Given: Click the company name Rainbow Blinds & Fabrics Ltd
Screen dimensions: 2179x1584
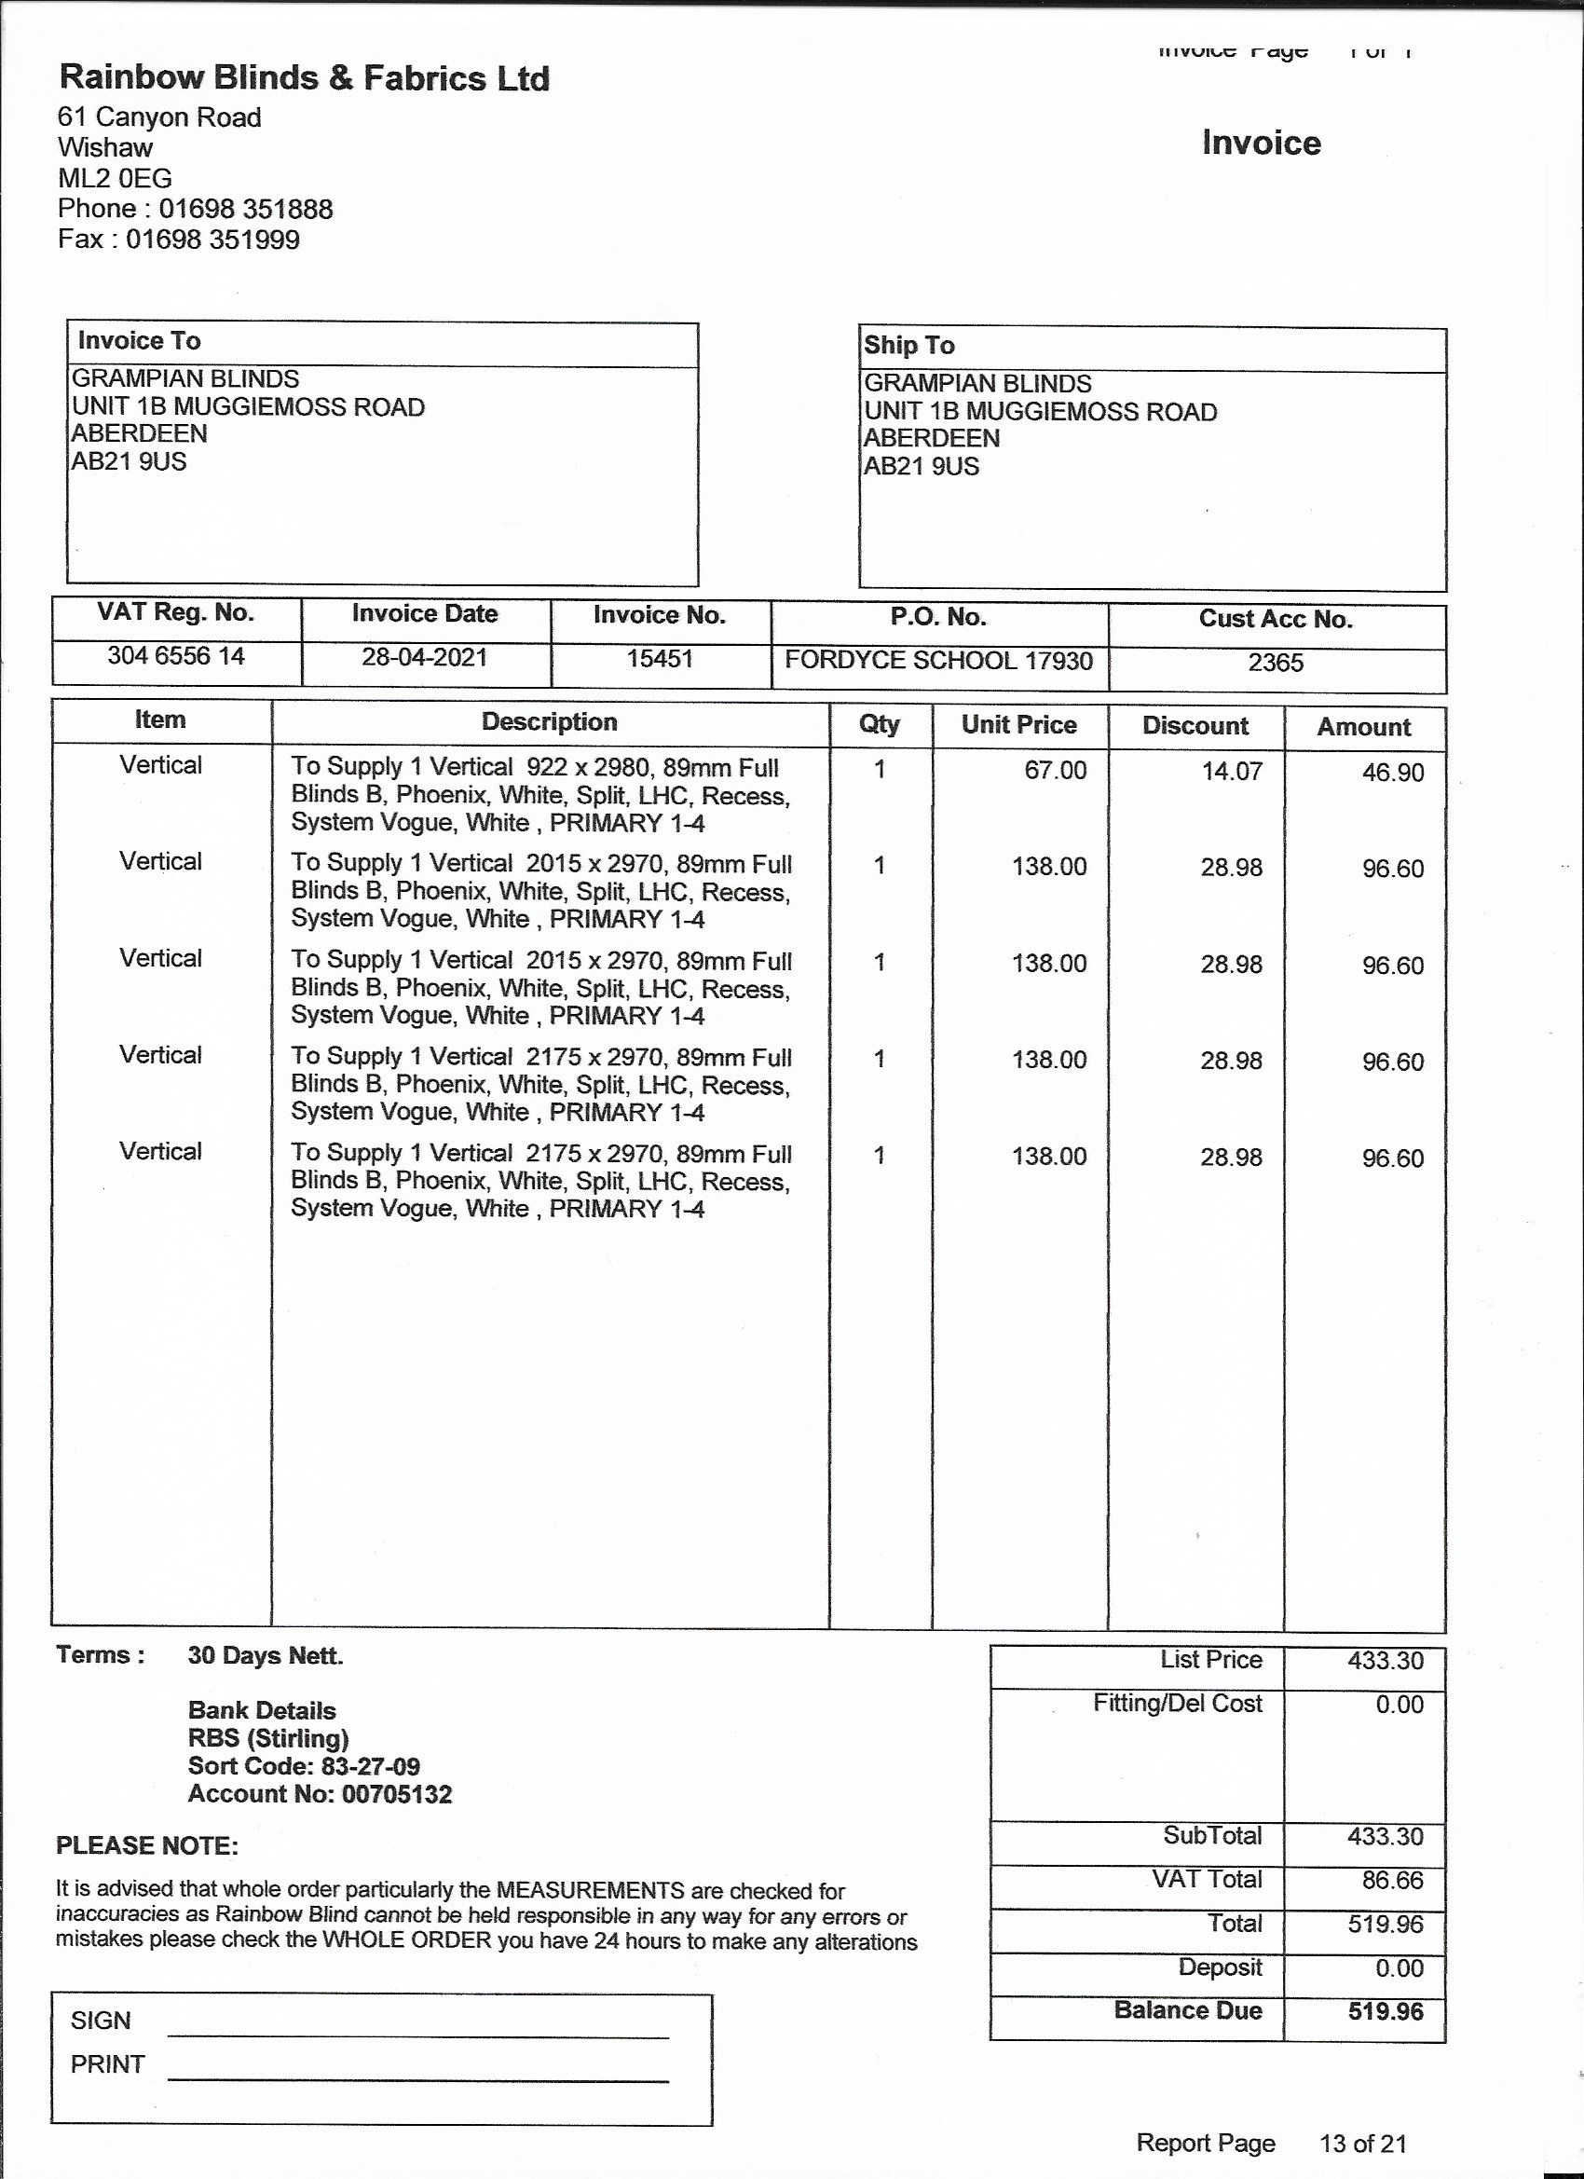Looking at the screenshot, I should click(304, 78).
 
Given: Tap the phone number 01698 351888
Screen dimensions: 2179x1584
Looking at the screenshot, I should click(246, 210).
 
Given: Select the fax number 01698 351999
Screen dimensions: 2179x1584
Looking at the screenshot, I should click(212, 240).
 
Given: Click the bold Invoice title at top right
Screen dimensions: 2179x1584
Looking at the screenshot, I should click(1261, 144).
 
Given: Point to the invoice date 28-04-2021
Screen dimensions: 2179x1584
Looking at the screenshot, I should click(425, 657).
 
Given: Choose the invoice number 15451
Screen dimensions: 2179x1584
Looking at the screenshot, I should click(660, 659).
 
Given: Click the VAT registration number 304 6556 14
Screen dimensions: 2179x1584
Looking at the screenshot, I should click(176, 656).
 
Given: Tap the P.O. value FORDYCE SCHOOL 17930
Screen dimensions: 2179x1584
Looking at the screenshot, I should click(938, 661).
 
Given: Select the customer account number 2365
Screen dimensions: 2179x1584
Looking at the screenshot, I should click(1275, 663).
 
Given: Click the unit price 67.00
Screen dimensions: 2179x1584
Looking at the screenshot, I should click(1055, 771).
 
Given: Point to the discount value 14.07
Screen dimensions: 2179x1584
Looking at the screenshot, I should click(1231, 772).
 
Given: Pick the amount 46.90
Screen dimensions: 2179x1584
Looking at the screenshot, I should click(1392, 773).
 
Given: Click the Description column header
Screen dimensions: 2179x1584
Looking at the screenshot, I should click(549, 722).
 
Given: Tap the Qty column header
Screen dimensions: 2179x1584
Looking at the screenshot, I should click(879, 724).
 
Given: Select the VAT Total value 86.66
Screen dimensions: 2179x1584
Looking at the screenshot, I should click(1392, 1880).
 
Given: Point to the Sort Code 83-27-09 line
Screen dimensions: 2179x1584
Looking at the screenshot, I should click(304, 1766).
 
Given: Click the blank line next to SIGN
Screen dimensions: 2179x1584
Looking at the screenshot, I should click(417, 2029).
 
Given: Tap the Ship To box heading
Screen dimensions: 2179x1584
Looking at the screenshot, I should click(908, 345).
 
